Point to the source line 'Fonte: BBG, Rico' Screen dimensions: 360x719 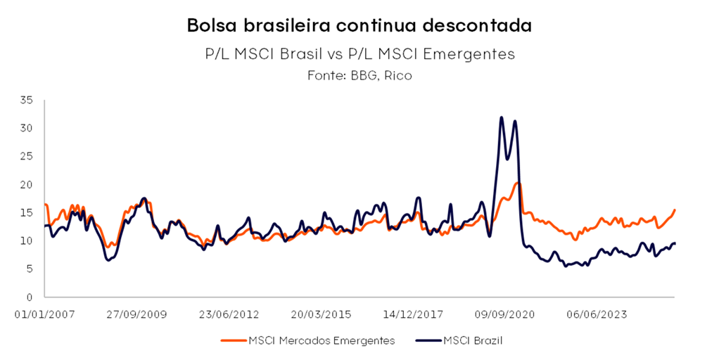point(359,75)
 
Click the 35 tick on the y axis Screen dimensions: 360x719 point(27,101)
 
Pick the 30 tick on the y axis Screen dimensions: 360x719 point(27,128)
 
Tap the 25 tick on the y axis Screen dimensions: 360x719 point(27,156)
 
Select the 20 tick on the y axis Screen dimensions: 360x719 point(27,184)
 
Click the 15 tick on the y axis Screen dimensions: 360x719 point(27,212)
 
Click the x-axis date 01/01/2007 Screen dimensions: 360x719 point(44,314)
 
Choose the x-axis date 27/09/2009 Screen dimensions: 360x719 point(136,314)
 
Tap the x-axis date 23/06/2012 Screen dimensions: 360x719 point(229,314)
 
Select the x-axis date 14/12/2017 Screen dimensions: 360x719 point(414,314)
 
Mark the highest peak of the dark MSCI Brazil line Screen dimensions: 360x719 point(502,117)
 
